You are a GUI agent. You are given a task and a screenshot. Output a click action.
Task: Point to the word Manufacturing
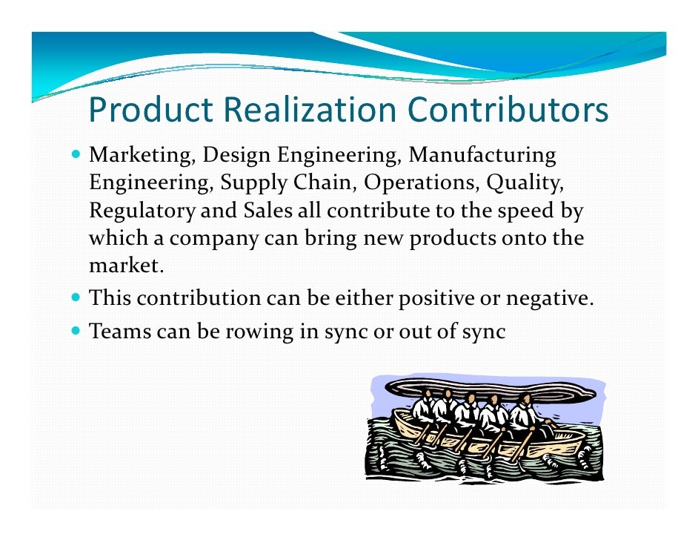[x=482, y=157]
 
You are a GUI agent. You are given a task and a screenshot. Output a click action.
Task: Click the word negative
[x=546, y=300]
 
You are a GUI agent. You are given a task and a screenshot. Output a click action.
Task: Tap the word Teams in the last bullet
[x=119, y=332]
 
